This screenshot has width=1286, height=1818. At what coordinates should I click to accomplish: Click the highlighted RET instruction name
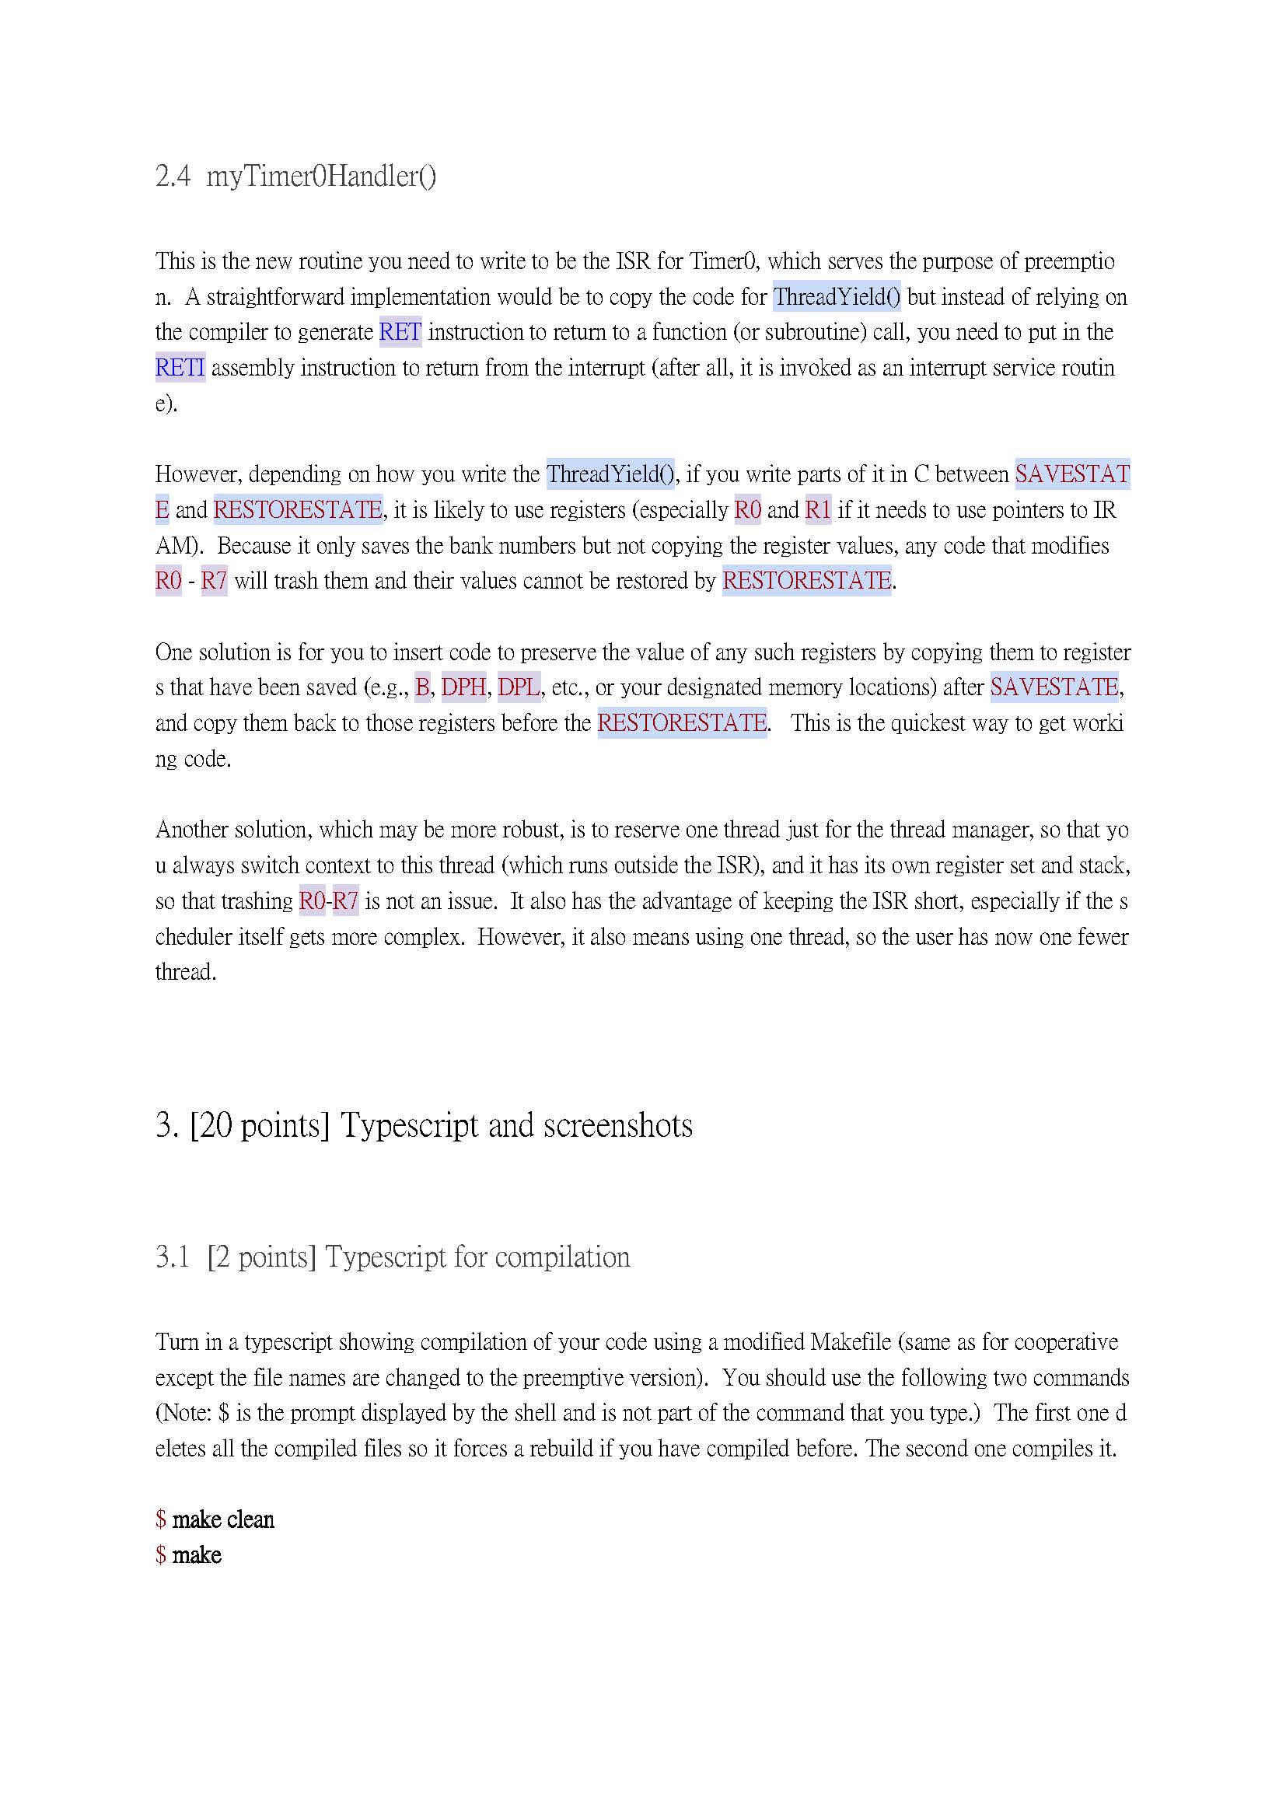click(400, 332)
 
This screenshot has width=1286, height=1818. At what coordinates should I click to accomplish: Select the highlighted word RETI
click(180, 367)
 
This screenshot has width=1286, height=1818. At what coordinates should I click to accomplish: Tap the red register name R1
click(818, 510)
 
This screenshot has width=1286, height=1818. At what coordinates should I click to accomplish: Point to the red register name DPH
click(463, 687)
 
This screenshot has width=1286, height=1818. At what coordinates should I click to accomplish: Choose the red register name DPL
click(519, 687)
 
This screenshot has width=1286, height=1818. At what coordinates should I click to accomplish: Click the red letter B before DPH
click(422, 687)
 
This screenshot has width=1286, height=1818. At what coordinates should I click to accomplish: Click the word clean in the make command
click(250, 1519)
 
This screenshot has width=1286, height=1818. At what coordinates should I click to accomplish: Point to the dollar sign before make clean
click(161, 1519)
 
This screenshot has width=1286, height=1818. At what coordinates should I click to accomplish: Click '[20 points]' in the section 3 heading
click(259, 1125)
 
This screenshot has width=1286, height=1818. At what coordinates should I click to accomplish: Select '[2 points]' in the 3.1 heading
click(261, 1257)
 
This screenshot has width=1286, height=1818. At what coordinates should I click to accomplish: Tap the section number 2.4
click(173, 177)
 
